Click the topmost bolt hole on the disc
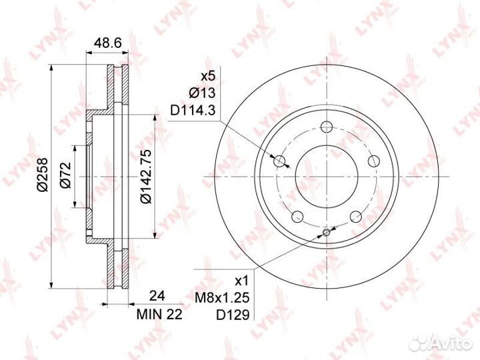(x=327, y=127)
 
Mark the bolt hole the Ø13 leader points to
(x=280, y=160)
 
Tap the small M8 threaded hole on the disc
(x=326, y=233)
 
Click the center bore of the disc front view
(x=327, y=175)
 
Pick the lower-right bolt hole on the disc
(x=355, y=215)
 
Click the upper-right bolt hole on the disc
(x=373, y=160)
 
